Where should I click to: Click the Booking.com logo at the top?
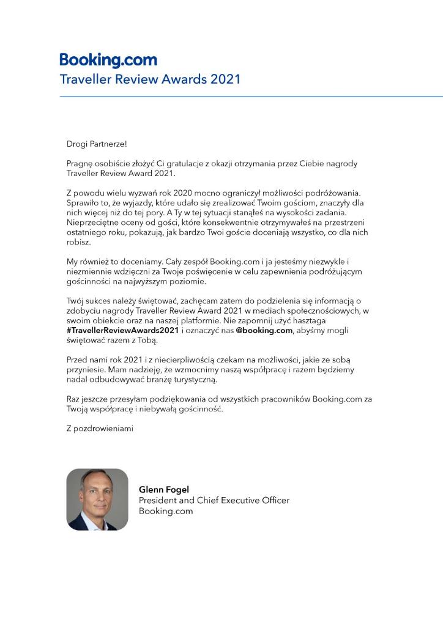pos(108,60)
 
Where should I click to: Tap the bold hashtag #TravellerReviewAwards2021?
pos(122,330)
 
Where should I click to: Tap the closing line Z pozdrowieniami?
pos(100,428)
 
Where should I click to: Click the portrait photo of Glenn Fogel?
pos(97,499)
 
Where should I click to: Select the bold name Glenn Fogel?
pos(165,490)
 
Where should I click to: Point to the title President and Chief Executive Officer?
pos(214,500)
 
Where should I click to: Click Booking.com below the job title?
pos(166,511)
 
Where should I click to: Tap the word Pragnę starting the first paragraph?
pos(81,164)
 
